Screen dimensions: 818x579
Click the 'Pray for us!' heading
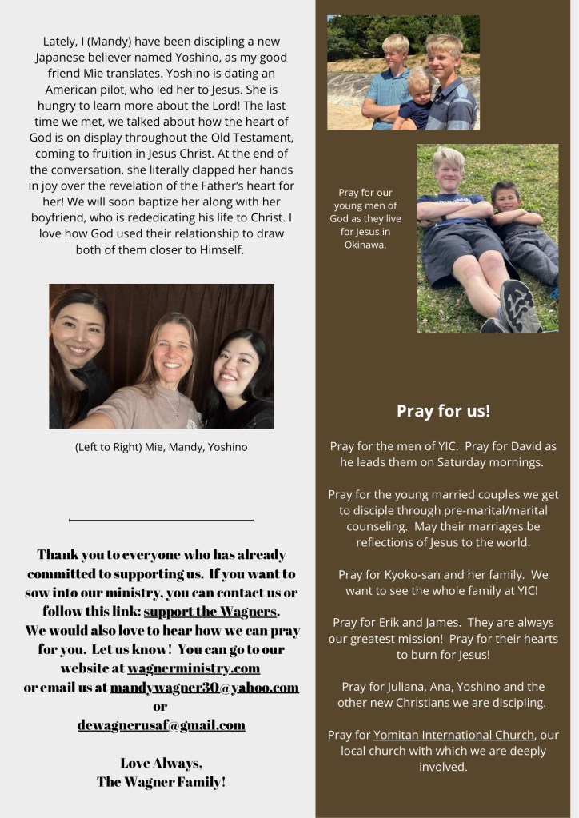443,411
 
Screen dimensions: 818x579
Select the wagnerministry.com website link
193,668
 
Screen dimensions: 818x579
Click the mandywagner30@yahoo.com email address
205,687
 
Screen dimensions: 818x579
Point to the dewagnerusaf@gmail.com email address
161,724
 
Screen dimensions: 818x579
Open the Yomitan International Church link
453,734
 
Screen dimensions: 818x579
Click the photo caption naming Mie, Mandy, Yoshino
161,447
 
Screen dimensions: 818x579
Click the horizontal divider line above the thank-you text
162,520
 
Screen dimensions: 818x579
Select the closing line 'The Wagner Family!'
161,781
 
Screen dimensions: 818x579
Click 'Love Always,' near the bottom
161,762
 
